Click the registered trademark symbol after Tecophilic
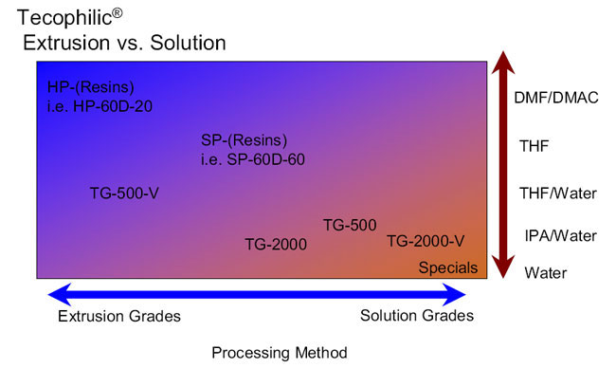118,13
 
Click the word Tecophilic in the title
64,18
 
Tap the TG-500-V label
124,193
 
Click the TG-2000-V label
426,241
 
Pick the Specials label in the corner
448,267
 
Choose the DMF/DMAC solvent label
556,98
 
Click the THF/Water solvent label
558,193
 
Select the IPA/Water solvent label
561,236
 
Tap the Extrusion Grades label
119,316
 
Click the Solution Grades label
417,315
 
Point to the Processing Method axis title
280,353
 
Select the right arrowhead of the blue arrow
455,294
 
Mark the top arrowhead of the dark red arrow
503,63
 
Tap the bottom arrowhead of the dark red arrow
503,267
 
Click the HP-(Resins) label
90,87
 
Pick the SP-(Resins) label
244,140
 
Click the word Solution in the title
188,43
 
